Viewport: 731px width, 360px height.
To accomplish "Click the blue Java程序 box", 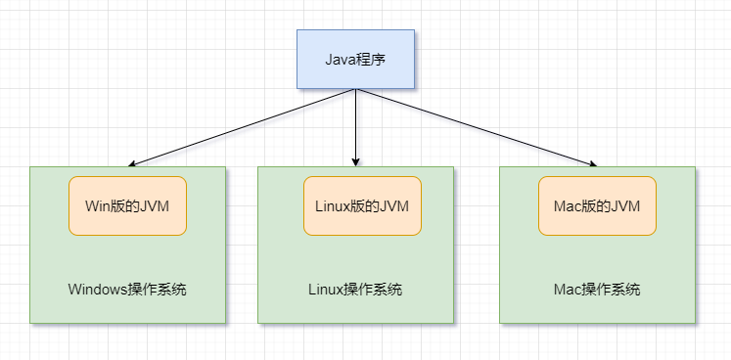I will pyautogui.click(x=356, y=59).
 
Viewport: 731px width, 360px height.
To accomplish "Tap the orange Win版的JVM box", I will pyautogui.click(x=127, y=205).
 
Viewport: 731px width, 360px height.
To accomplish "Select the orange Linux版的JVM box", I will pyautogui.click(x=362, y=205).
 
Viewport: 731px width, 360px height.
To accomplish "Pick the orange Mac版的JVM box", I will pyautogui.click(x=597, y=205).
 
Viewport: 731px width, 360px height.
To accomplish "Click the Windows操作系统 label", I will pyautogui.click(x=127, y=290).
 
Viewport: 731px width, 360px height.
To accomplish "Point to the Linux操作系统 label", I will pyautogui.click(x=355, y=290).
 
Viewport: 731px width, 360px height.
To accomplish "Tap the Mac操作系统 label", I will pyautogui.click(x=597, y=290).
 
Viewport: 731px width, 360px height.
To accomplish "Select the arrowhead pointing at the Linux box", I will pyautogui.click(x=356, y=161).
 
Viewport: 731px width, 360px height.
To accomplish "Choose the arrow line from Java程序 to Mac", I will pyautogui.click(x=475, y=128).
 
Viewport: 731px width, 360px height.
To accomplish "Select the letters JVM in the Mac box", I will pyautogui.click(x=625, y=205).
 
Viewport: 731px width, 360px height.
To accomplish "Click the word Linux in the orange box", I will pyautogui.click(x=333, y=205).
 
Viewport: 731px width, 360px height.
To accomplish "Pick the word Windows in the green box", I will pyautogui.click(x=98, y=290).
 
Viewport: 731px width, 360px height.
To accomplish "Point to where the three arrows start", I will pyautogui.click(x=356, y=90).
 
